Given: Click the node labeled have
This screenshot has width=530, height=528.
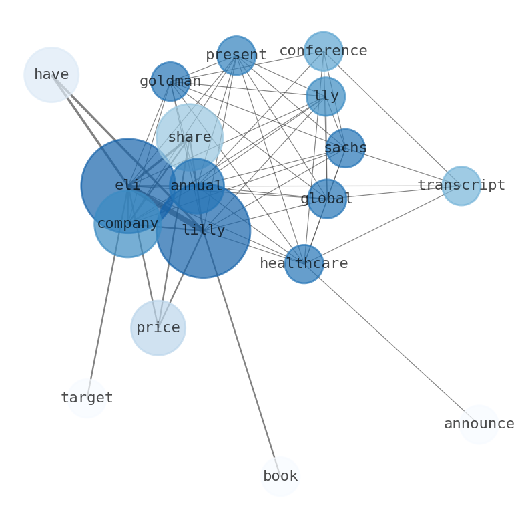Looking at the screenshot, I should click(51, 75).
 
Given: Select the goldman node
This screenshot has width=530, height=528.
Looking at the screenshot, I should click(170, 82).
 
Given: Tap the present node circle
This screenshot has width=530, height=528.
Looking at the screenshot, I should click(236, 55).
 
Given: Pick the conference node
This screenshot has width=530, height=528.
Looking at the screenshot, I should click(324, 51).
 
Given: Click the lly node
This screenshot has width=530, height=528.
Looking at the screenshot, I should click(326, 96).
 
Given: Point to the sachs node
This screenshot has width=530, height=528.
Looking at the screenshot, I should click(345, 148).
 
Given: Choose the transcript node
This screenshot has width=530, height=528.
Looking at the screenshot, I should click(461, 186).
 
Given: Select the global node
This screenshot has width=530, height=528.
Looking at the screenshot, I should click(327, 199).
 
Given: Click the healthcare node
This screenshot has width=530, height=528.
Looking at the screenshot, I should click(304, 264).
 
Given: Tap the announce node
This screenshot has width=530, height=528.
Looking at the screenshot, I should click(479, 424).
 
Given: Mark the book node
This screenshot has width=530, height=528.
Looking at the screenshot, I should click(280, 477).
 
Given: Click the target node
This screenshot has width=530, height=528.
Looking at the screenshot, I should click(87, 398).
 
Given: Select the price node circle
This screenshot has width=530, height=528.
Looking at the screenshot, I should click(158, 328).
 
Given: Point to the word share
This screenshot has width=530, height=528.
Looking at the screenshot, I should click(190, 138).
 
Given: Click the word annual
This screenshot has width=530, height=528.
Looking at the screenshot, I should click(196, 186).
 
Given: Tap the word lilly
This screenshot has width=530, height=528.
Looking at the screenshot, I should click(204, 231).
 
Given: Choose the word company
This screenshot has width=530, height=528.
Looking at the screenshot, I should click(127, 224).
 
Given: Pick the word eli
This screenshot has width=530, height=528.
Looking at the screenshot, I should click(127, 186).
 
